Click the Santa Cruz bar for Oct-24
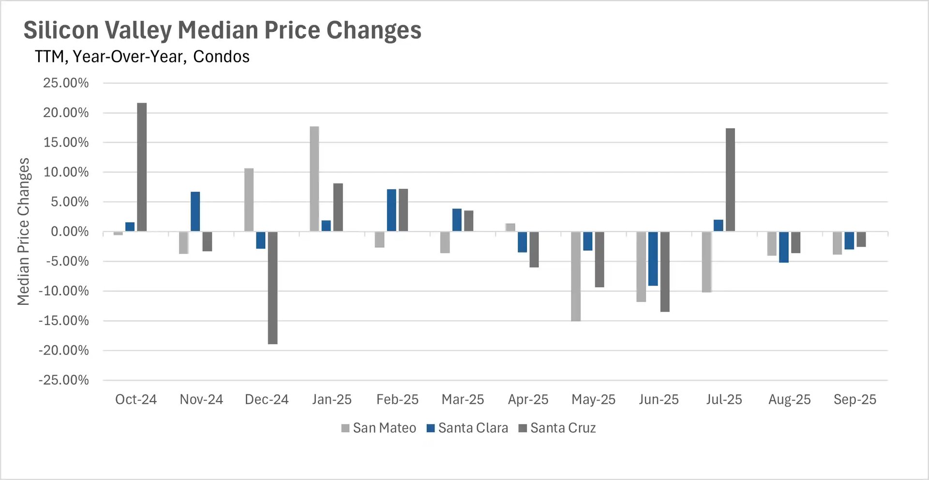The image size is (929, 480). click(142, 167)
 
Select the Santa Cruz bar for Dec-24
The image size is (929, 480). click(272, 288)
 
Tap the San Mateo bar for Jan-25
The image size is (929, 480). click(314, 179)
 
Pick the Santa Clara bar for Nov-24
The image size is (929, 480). click(195, 211)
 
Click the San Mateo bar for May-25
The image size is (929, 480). click(576, 276)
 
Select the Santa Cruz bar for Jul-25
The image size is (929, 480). click(730, 180)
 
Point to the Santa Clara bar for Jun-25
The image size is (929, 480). click(653, 259)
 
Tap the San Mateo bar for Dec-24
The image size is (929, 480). click(249, 200)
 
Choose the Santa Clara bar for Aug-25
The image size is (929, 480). click(784, 247)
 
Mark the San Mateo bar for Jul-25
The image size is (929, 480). click(706, 262)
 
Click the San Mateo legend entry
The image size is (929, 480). click(379, 428)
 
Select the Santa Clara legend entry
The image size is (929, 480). click(467, 428)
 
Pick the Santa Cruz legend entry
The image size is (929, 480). click(557, 428)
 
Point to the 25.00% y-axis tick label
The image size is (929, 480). click(66, 83)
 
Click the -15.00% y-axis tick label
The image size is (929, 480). click(64, 321)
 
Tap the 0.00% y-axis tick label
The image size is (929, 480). click(70, 232)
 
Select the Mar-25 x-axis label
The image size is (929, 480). click(463, 400)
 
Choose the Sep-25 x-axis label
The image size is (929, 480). click(854, 400)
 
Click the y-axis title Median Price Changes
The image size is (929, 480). click(23, 231)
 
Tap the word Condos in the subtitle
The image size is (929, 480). click(221, 57)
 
